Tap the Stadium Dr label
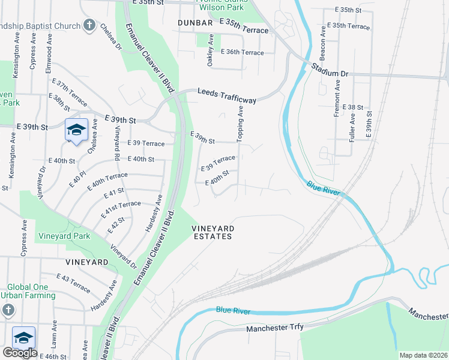click(x=330, y=69)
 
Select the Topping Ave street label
click(x=240, y=124)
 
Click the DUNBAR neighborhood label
click(x=196, y=22)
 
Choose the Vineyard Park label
click(x=65, y=236)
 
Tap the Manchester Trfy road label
click(x=275, y=328)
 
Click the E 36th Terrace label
click(x=242, y=53)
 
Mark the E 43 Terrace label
click(x=74, y=283)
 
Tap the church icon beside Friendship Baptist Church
click(x=89, y=25)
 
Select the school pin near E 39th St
click(x=76, y=130)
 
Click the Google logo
click(x=20, y=353)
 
